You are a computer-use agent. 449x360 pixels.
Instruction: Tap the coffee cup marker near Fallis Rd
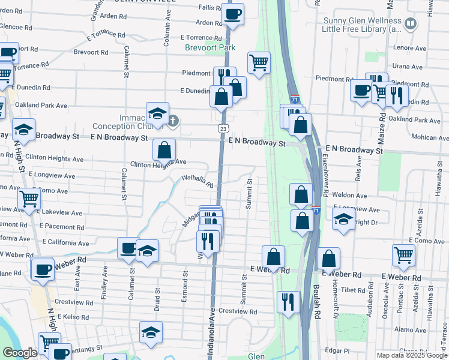[x=232, y=14]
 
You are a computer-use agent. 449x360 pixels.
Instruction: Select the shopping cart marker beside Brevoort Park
[x=259, y=62]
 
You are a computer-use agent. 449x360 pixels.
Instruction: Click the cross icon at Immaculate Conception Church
[x=173, y=120]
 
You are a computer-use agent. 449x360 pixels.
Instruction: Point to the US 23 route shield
[x=223, y=128]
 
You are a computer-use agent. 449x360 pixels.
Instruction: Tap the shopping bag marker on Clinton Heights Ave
[x=164, y=150]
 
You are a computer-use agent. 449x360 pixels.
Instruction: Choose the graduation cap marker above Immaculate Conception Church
[x=157, y=113]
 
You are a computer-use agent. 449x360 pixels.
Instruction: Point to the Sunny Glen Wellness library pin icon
[x=411, y=23]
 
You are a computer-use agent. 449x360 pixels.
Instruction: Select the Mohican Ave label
[x=430, y=137]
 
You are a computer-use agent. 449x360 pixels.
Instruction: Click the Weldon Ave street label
[x=354, y=196]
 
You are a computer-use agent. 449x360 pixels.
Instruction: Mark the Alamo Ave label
[x=411, y=329]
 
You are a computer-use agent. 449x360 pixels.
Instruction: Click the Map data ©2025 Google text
[x=412, y=355]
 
